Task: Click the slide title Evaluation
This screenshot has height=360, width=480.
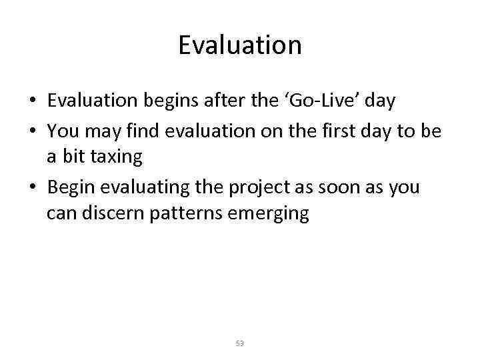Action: point(240,45)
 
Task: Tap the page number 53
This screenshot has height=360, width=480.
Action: point(240,343)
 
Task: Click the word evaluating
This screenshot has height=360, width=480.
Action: point(142,188)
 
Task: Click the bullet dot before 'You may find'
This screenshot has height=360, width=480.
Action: point(33,131)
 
